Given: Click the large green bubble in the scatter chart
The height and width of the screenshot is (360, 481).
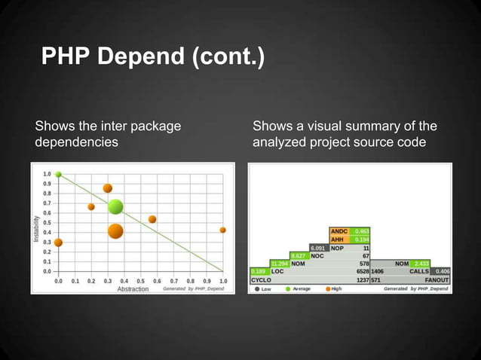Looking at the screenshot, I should point(115,206).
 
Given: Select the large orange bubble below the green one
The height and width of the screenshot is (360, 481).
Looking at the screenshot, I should point(115,230).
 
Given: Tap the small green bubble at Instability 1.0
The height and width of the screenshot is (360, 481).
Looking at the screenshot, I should point(58,174).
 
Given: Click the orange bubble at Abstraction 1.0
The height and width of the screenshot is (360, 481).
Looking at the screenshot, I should point(222,230).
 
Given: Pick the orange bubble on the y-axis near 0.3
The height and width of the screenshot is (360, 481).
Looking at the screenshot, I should point(58,243).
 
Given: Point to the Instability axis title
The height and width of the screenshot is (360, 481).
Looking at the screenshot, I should point(35,225).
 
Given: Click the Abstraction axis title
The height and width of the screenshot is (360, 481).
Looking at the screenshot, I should point(133,288).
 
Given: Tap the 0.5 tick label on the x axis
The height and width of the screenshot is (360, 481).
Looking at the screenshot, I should point(141,280).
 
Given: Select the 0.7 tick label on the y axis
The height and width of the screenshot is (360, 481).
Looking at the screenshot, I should point(47,203).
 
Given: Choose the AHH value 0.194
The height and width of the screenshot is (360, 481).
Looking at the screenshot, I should point(361,239).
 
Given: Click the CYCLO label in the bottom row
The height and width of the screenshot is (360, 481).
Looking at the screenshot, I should point(261,279).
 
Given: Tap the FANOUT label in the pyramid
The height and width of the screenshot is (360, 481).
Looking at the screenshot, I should point(437,279).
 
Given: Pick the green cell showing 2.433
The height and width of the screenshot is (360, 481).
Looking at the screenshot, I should point(420,263).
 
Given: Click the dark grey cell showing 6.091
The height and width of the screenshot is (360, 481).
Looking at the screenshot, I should point(318,247).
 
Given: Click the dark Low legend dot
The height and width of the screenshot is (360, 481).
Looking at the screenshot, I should point(257,288).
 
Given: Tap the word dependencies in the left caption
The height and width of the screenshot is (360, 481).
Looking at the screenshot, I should point(76,142).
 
